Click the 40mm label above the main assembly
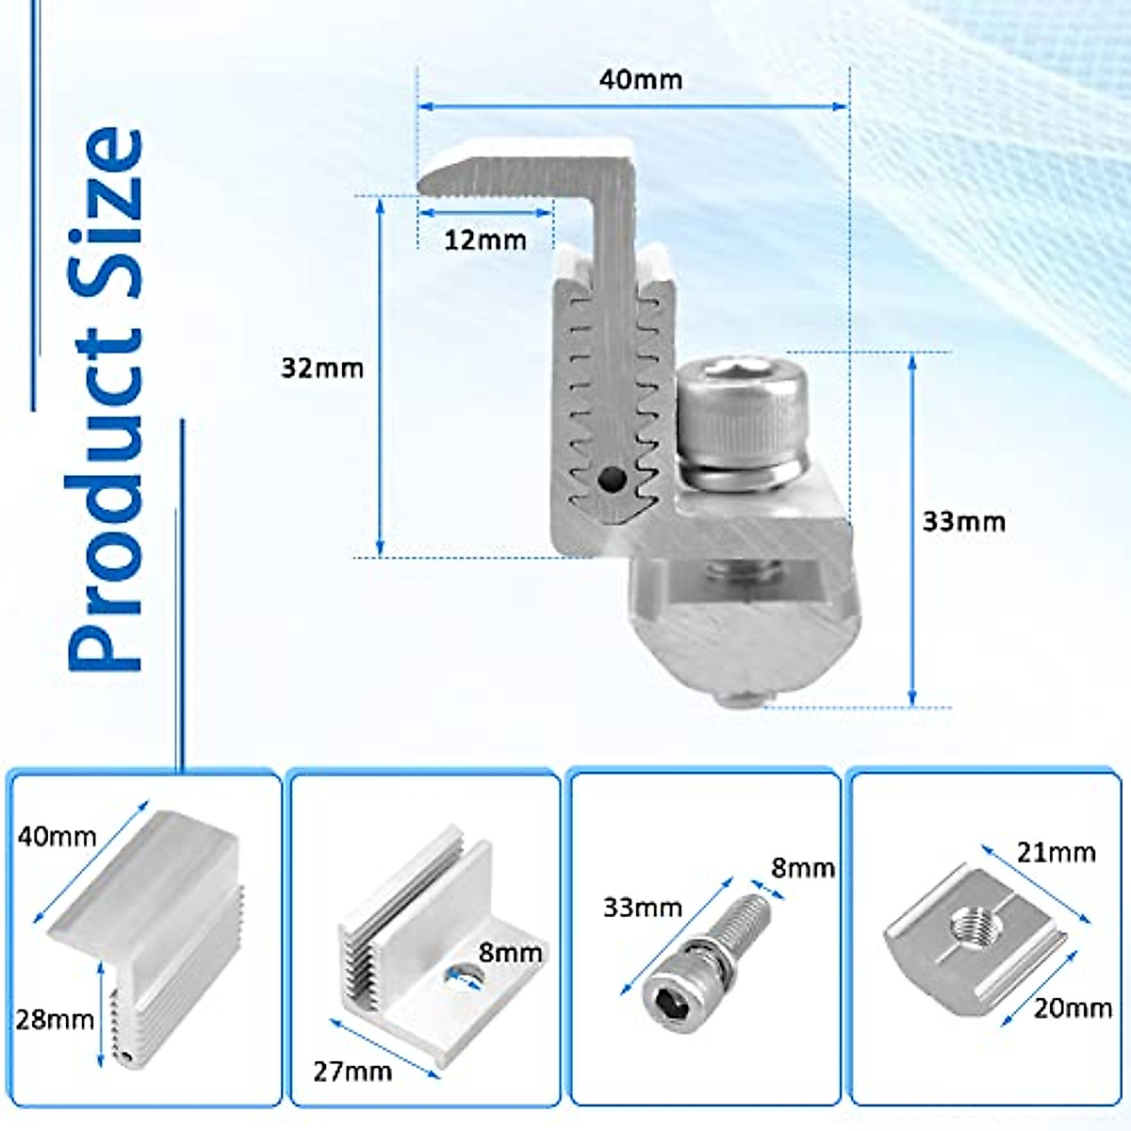[640, 79]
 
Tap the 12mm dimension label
[484, 240]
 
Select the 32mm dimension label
[321, 368]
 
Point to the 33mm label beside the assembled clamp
[963, 522]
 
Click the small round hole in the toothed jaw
[611, 481]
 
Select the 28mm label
[54, 1020]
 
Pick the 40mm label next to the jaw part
[56, 836]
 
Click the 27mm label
[352, 1072]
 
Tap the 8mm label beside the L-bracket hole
[510, 953]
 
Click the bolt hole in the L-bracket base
[462, 977]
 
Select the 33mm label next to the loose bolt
[642, 908]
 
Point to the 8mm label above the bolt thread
[803, 868]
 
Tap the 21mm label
[1056, 853]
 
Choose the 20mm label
[1073, 1008]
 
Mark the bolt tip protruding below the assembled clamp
[740, 698]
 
